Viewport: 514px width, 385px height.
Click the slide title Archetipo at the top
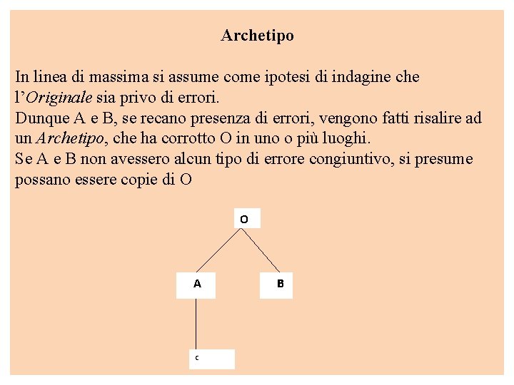pos(257,35)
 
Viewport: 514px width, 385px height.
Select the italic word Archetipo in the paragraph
pos(70,138)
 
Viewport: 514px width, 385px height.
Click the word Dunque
pos(40,117)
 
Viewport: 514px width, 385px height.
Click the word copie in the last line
pos(137,179)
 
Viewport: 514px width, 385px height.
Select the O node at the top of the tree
pos(244,220)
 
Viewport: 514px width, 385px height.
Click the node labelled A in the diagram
pos(197,284)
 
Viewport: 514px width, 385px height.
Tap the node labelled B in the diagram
pos(280,284)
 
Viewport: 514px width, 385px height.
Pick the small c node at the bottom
pos(197,358)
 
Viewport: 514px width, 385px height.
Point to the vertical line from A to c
pos(197,324)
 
